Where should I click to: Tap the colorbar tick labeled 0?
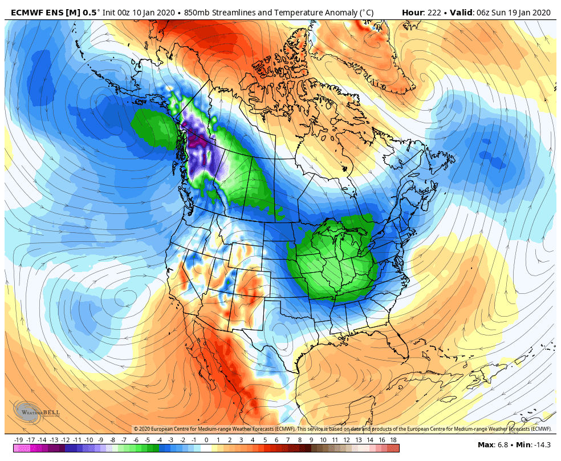coord(206,440)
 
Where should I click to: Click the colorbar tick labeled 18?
coord(393,440)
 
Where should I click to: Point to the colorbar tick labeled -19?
coord(19,440)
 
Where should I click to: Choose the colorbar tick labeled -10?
coord(89,440)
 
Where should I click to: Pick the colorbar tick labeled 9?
coord(311,440)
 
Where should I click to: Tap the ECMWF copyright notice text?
coord(342,428)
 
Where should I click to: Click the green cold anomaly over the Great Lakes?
coord(336,257)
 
